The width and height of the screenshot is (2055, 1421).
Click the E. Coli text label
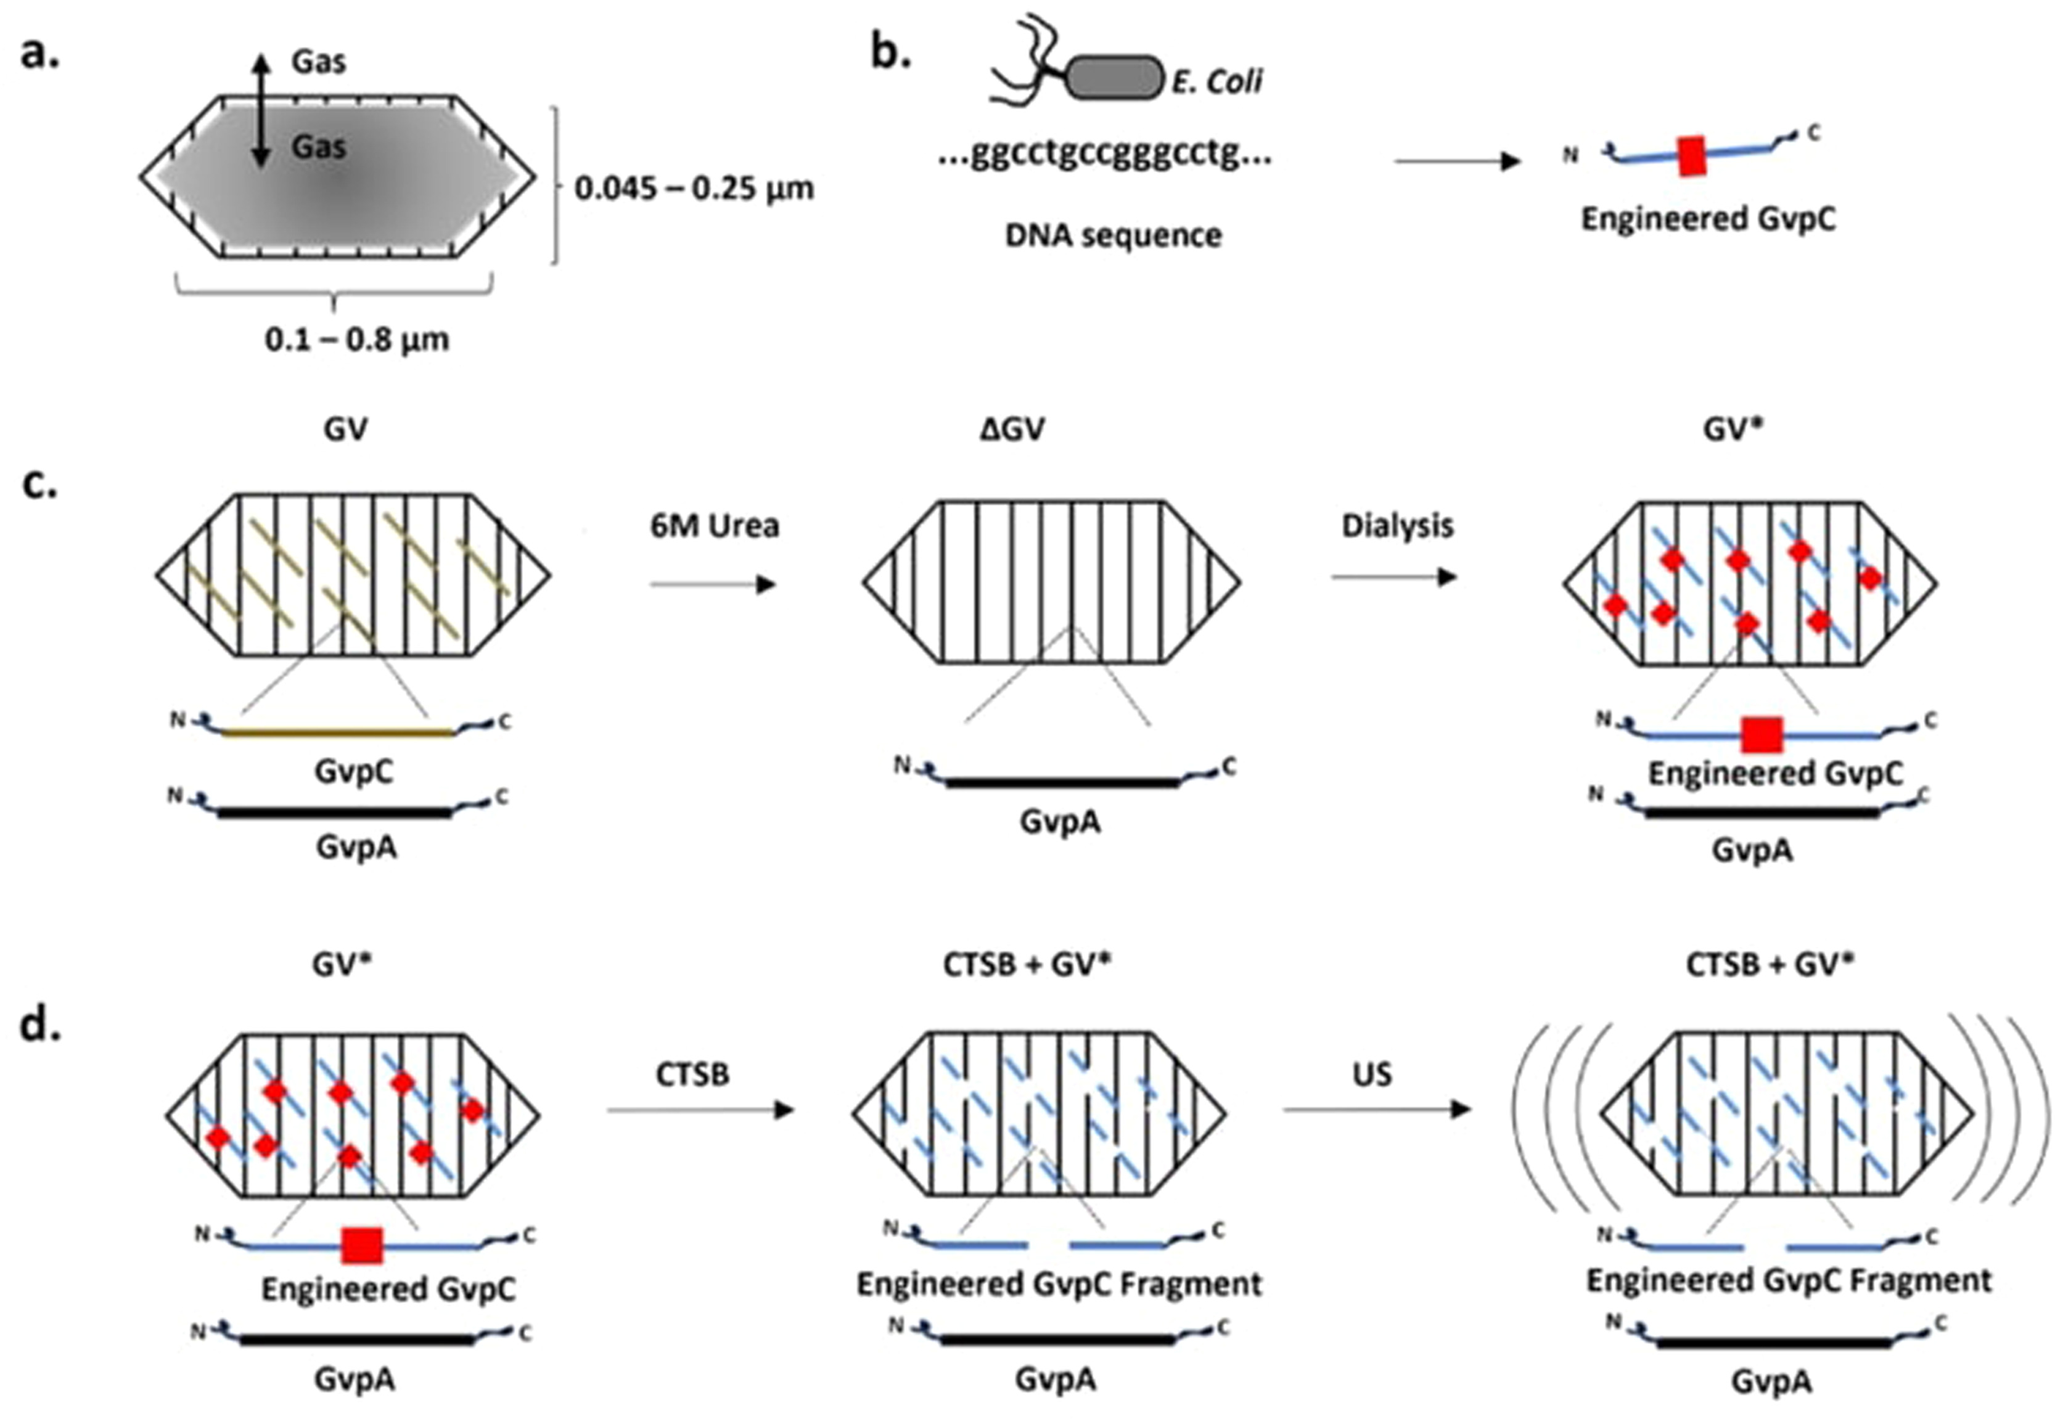point(1216,82)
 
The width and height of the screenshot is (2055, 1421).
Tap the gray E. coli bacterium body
point(1115,78)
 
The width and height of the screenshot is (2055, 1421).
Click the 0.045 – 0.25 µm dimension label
point(694,188)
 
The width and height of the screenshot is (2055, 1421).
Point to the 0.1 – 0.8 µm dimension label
point(356,339)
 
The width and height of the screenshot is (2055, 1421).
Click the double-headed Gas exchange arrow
point(260,110)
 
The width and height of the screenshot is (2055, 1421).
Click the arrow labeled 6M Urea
point(713,584)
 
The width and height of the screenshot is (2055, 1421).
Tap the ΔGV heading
point(1012,429)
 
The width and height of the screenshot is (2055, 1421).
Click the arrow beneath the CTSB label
point(700,1110)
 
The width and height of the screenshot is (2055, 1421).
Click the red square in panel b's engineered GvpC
point(1692,157)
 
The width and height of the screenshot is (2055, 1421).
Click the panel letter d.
point(39,1026)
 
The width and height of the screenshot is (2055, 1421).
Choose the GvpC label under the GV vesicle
point(353,771)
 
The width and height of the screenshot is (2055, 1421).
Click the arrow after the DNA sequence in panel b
point(1457,161)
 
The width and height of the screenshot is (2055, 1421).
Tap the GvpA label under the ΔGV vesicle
point(1059,821)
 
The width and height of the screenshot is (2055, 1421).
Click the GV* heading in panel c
point(1732,429)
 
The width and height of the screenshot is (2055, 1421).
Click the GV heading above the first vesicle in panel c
point(345,429)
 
